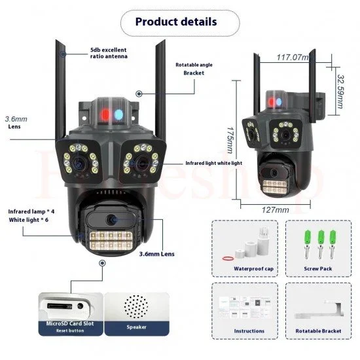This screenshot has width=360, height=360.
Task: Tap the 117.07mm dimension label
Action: point(292,58)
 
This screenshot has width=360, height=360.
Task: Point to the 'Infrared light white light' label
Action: point(205,162)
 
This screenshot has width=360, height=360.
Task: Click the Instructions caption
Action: point(249,331)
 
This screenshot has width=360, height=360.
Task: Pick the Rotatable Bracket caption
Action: point(317,331)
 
